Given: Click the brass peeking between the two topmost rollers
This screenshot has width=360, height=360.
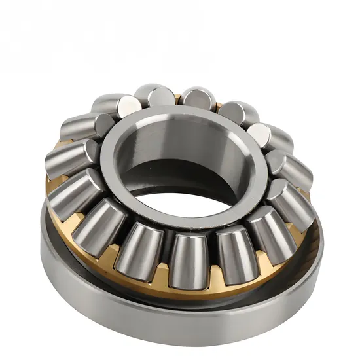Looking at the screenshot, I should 177,99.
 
